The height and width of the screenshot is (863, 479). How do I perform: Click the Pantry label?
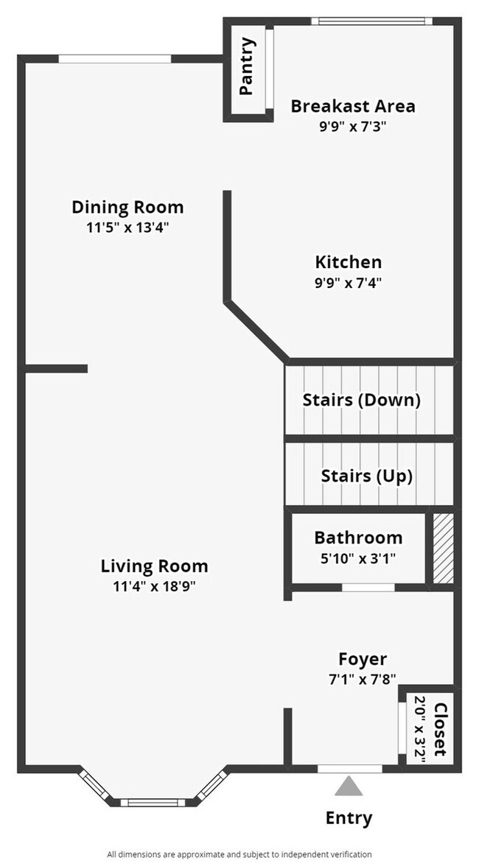(248, 66)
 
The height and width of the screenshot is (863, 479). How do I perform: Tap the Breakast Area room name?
(352, 106)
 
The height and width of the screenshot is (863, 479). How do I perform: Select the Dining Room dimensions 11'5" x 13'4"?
(127, 228)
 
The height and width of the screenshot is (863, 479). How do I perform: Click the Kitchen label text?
(349, 262)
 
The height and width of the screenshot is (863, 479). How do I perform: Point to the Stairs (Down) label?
(361, 401)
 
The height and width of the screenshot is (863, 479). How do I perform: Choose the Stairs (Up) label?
(366, 475)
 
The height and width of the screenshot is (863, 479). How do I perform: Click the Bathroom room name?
(358, 538)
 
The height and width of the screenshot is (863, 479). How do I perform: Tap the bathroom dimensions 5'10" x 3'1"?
(358, 557)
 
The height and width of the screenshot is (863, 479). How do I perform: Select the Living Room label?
(154, 566)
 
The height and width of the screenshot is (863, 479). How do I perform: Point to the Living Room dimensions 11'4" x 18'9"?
(154, 587)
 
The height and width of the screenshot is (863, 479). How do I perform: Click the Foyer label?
(363, 659)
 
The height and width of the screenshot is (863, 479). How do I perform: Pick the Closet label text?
(441, 730)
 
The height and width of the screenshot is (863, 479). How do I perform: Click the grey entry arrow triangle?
(349, 787)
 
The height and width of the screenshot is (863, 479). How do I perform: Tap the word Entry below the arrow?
(349, 817)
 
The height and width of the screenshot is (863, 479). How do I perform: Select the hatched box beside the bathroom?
(442, 549)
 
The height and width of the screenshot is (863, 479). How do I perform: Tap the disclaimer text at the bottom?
(239, 854)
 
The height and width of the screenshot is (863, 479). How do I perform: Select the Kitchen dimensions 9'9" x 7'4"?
(349, 281)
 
